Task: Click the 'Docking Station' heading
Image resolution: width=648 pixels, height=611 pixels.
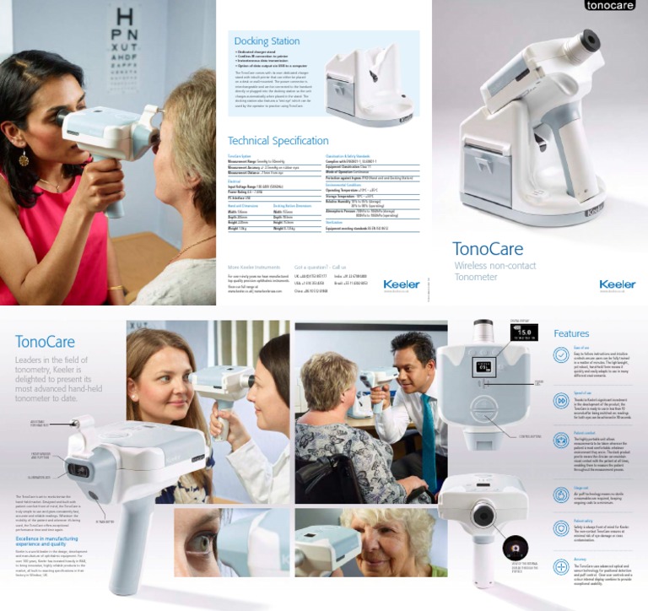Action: (x=267, y=41)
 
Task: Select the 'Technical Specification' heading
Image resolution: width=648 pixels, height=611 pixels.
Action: (x=278, y=141)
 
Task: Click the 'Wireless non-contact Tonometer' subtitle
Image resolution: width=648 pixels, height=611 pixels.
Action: (x=494, y=271)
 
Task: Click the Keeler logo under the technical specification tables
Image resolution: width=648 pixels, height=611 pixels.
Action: (x=401, y=284)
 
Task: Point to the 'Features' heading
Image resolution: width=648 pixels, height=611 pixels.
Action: (x=571, y=333)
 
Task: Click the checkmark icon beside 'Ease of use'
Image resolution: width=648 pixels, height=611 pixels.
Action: (x=561, y=355)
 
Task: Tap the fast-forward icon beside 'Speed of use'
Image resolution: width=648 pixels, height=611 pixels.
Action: (x=561, y=400)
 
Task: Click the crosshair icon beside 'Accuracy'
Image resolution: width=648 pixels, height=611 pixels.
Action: (x=561, y=567)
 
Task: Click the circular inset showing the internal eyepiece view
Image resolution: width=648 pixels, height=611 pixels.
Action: (x=514, y=549)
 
